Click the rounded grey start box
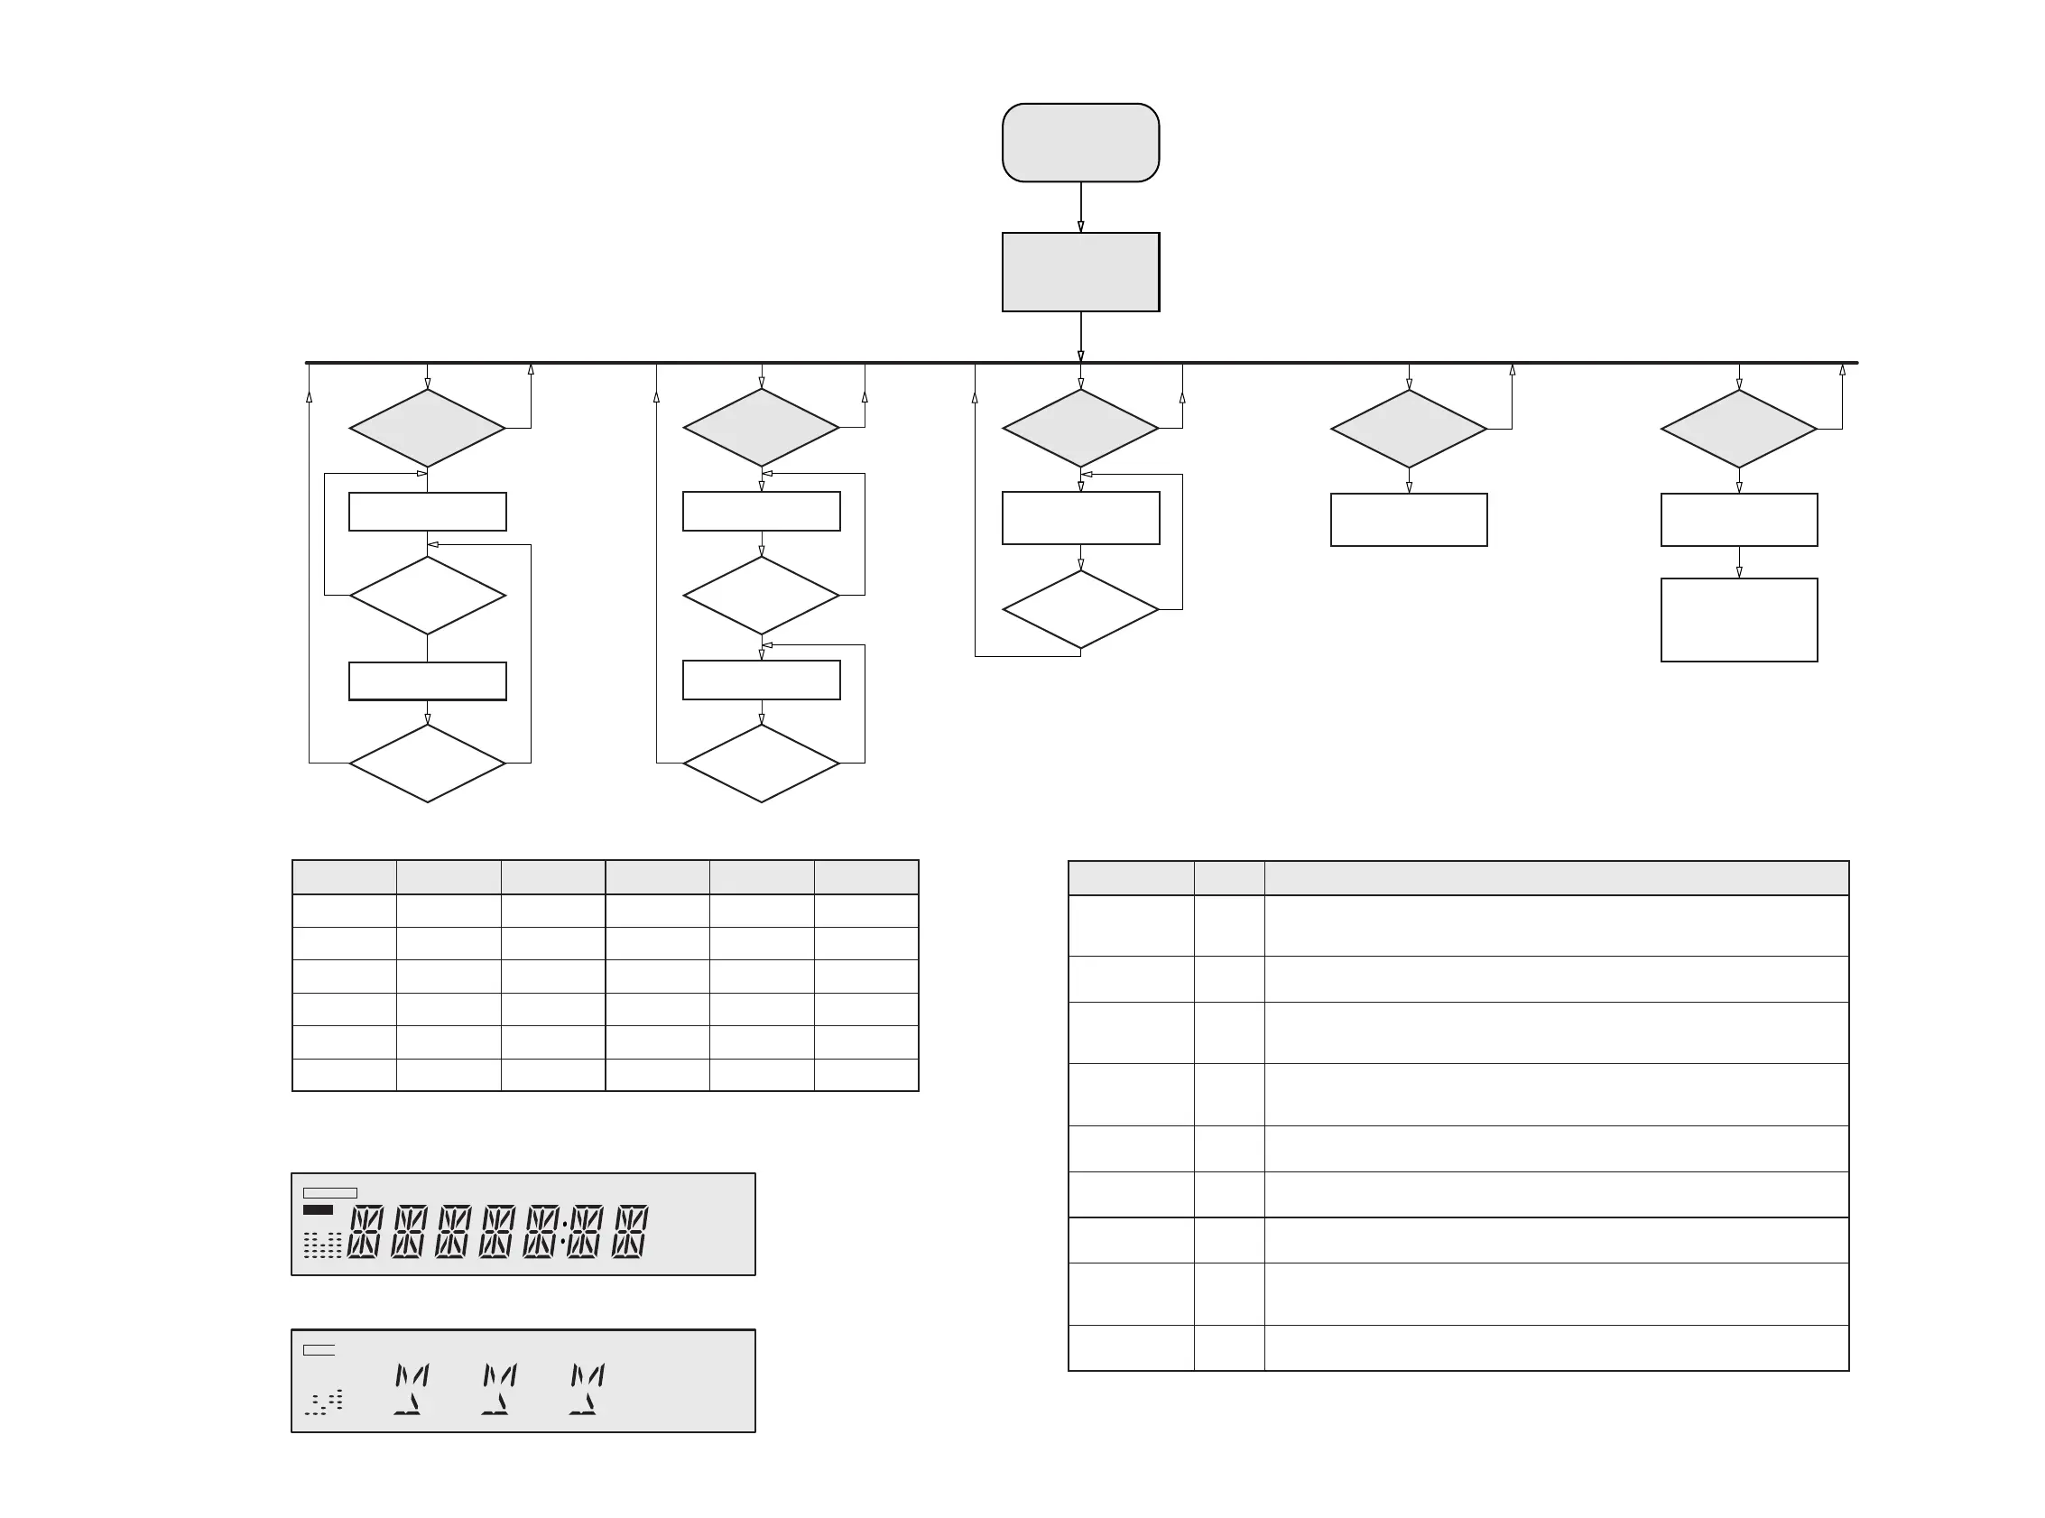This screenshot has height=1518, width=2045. click(x=1079, y=143)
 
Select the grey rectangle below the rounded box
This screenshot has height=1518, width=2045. click(x=1079, y=272)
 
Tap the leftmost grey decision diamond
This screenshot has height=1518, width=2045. click(x=427, y=428)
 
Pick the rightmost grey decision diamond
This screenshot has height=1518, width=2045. click(x=1738, y=429)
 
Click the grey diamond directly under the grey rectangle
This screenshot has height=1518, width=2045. click(x=1079, y=428)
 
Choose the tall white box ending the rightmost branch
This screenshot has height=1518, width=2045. click(x=1738, y=619)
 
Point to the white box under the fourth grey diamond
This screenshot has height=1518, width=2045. click(x=1409, y=520)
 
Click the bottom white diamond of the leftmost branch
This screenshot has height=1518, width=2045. click(x=427, y=763)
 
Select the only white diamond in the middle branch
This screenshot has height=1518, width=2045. click(x=1079, y=609)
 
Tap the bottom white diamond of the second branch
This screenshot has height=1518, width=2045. click(x=761, y=763)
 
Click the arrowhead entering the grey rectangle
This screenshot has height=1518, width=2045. click(x=1080, y=227)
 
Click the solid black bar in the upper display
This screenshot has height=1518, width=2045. click(x=318, y=1210)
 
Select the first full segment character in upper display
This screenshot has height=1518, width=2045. click(x=365, y=1231)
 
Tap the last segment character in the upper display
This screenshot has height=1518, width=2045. click(x=630, y=1231)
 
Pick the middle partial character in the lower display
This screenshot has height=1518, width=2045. click(x=499, y=1388)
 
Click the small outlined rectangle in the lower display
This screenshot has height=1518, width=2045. click(x=319, y=1350)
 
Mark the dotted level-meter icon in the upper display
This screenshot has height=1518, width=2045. click(x=322, y=1245)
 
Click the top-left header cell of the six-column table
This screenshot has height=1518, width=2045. click(x=345, y=877)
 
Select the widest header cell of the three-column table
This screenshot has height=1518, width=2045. click(x=1555, y=878)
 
